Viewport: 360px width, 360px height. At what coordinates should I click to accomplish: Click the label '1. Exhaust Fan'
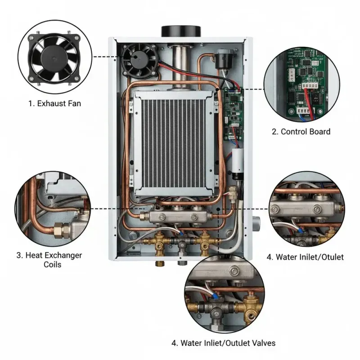tap(54, 103)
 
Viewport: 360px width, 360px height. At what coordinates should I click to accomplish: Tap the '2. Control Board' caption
tap(301, 131)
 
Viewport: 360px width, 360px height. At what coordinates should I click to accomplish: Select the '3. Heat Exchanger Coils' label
tap(49, 260)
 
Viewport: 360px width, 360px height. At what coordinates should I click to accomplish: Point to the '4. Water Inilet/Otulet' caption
tap(305, 257)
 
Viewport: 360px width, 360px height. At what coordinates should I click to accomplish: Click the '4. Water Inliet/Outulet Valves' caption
tap(223, 343)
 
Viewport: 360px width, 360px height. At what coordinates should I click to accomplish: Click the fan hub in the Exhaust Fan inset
tap(54, 58)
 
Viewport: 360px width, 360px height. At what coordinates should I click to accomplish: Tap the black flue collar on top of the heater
tap(181, 31)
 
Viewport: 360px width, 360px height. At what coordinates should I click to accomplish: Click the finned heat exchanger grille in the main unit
tap(174, 143)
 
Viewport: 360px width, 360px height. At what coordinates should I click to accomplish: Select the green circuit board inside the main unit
tap(233, 114)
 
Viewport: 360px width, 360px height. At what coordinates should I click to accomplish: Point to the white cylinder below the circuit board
tap(238, 161)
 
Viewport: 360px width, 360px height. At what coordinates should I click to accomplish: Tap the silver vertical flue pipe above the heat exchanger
tap(181, 67)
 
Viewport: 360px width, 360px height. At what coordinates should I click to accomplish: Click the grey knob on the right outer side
tap(256, 223)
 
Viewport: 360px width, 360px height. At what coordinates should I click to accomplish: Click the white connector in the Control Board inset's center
tap(310, 85)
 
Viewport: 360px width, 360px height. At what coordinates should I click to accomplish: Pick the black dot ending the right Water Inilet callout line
tap(218, 209)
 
